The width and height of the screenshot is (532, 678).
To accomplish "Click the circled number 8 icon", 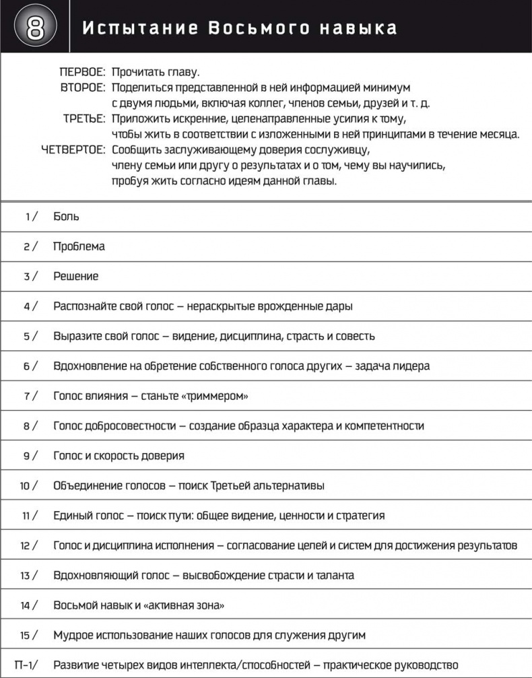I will pos(36,28).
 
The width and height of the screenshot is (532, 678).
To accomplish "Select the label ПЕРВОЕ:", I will pos(82,71).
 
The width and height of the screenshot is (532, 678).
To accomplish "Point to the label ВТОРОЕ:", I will pos(82,88).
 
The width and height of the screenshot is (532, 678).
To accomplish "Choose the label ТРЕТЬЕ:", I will pos(84,118).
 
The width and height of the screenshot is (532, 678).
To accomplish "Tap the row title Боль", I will pos(66,217).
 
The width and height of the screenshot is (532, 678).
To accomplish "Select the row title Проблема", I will pos(79,246).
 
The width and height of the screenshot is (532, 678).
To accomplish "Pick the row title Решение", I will pos(75,276).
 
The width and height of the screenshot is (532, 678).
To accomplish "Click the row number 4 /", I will pos(30,306).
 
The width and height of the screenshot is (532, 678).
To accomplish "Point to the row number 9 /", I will pos(30,456).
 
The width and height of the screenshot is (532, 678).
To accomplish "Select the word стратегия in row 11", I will pos(360,516).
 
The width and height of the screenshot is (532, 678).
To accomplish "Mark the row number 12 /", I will pos(28,545).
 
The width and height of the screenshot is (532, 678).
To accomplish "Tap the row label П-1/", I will pos(26,665).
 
